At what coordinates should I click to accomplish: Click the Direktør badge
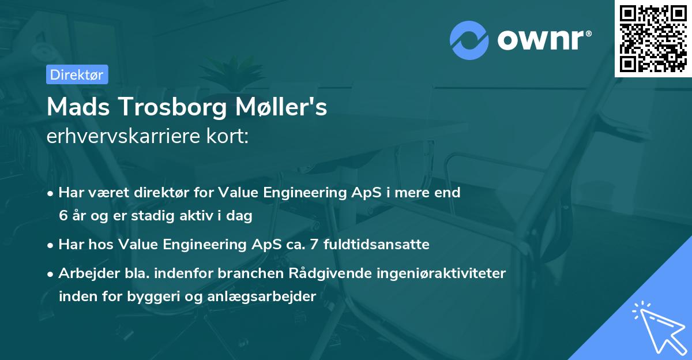click(77, 75)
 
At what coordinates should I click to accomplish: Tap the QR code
click(653, 39)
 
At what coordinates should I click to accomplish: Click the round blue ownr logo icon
click(471, 40)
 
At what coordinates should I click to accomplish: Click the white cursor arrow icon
click(657, 327)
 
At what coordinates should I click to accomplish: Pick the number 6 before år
click(62, 216)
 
